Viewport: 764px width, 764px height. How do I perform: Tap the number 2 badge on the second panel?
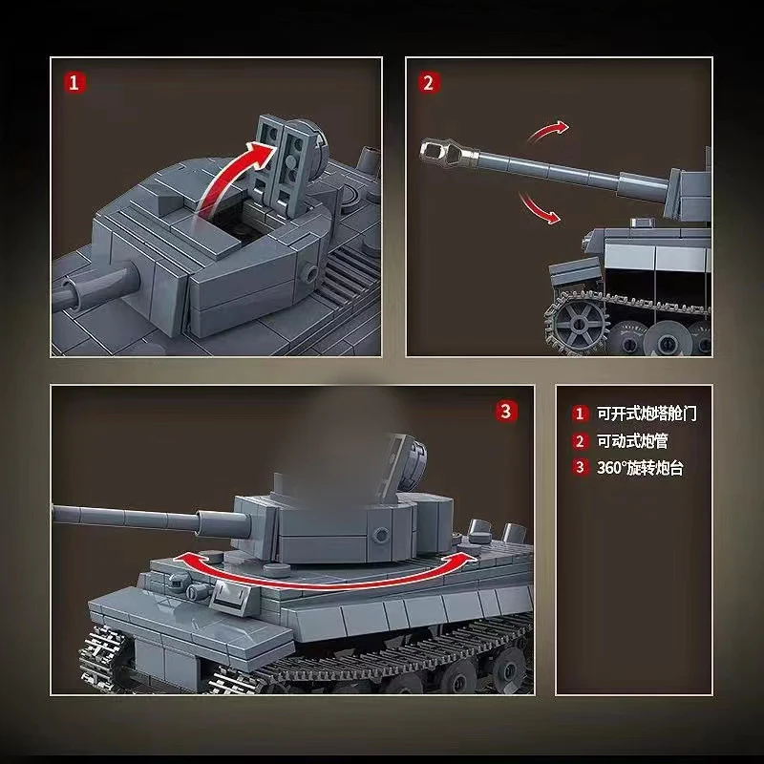(x=429, y=82)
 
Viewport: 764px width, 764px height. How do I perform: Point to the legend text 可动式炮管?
(x=633, y=441)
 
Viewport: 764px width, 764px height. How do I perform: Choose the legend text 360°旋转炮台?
(x=640, y=468)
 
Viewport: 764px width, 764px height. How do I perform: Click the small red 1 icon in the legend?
(x=579, y=414)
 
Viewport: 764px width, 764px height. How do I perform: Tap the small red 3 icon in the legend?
(x=579, y=468)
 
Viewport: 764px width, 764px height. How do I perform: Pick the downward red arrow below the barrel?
(x=538, y=207)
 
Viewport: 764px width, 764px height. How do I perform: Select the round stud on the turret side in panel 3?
(x=382, y=532)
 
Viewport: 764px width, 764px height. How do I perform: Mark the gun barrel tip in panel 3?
(x=57, y=515)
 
